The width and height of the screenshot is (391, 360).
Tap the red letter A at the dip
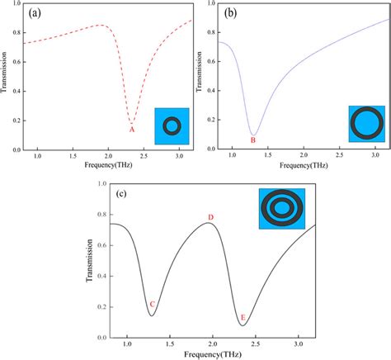(x=130, y=129)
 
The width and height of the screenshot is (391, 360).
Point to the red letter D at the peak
(x=211, y=217)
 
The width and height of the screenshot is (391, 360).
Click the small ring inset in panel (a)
(x=172, y=126)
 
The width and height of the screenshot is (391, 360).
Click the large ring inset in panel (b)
(x=365, y=123)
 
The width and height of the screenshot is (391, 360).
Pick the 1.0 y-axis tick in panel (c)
(x=101, y=184)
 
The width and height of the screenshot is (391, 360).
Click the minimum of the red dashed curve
(x=131, y=121)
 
